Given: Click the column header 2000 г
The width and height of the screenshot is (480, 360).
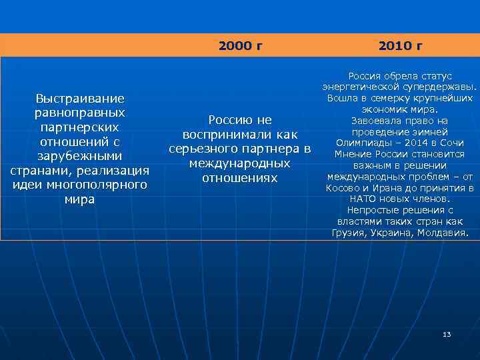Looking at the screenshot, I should pos(240,46).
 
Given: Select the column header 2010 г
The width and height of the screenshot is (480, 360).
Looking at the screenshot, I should pos(400,46).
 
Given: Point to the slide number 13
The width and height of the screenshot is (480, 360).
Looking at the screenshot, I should pos(447,334).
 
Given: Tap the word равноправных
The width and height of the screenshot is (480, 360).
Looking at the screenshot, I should pos(80,113).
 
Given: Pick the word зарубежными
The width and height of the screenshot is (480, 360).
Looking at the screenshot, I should pos(80,156).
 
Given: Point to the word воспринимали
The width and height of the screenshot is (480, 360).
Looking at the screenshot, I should pos(221,135).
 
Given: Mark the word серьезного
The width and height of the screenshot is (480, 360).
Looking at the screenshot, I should pos(209,149).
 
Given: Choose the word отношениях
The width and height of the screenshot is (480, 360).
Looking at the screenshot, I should pos(240,178).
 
